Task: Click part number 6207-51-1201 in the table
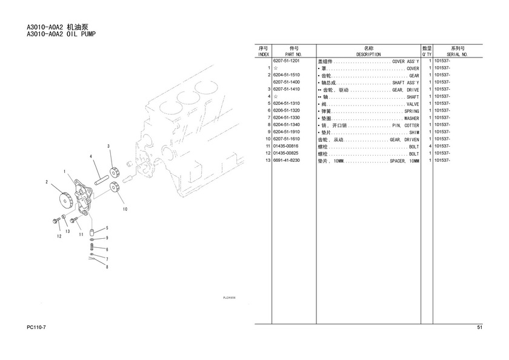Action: click(286, 61)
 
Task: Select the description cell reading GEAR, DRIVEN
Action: click(405, 139)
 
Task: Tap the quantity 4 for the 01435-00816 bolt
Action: click(430, 146)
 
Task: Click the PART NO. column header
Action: click(294, 55)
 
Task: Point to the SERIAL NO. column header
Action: click(457, 55)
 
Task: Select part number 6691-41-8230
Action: click(286, 161)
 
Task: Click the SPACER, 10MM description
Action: click(405, 161)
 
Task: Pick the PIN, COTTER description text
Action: click(406, 125)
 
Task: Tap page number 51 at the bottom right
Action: click(480, 327)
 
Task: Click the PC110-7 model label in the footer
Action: click(36, 327)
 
